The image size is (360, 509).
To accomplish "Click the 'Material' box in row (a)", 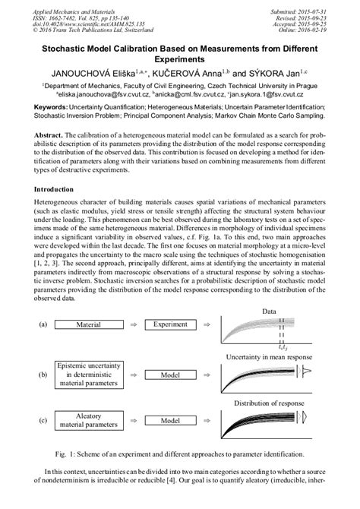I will (x=89, y=324).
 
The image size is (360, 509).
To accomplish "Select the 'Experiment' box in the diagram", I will (x=170, y=324).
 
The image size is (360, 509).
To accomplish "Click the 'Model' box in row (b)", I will (x=170, y=375).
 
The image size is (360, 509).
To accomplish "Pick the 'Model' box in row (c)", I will (x=170, y=420).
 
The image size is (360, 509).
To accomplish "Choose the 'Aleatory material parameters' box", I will (x=89, y=419).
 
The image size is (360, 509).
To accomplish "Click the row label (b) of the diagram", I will (x=43, y=375).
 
